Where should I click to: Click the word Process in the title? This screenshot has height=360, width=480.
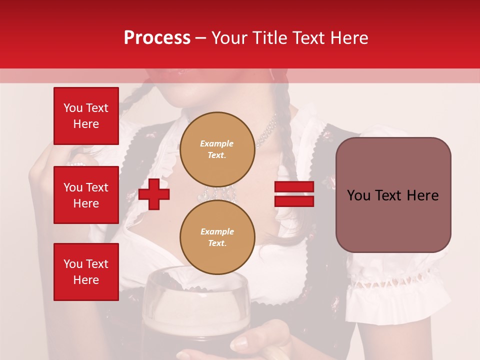coord(157,38)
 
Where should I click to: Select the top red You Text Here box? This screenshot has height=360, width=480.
coord(86,116)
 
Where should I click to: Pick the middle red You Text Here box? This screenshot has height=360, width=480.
coord(86,195)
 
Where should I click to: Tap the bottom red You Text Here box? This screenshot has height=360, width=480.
coord(86,272)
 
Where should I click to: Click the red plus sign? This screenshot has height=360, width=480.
coord(154,194)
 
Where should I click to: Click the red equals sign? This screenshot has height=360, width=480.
coord(294,194)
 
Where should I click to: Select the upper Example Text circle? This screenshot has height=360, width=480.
coord(217,149)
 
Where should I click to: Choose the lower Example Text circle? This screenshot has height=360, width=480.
coord(217,237)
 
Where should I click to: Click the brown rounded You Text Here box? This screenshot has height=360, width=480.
coord(393,195)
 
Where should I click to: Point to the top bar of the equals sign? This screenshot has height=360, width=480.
coord(294,187)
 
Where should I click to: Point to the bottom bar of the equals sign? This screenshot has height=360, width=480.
coord(294,201)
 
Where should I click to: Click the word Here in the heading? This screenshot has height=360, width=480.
coord(348,38)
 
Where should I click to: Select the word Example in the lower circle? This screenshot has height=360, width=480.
coord(217,231)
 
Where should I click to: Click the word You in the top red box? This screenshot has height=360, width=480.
coord(73,108)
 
